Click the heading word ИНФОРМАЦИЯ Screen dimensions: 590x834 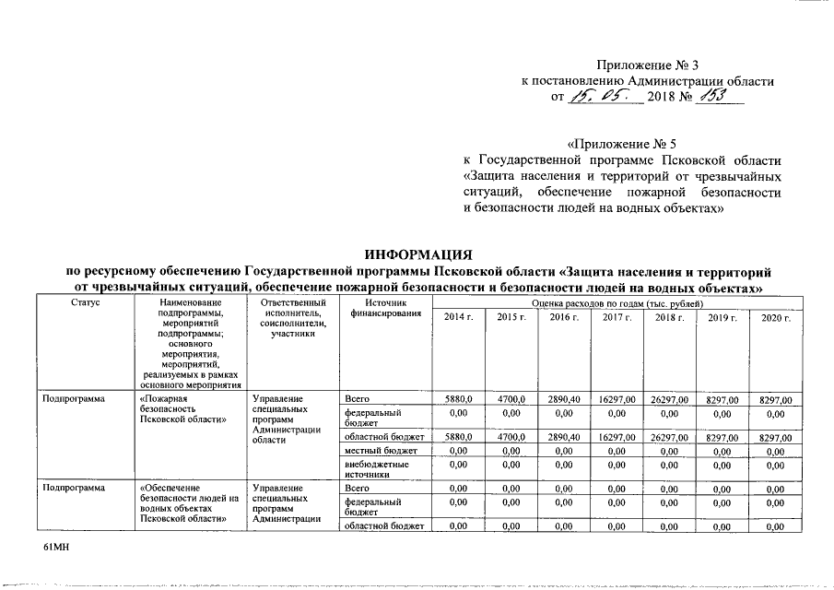418,254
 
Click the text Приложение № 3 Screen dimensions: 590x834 648,64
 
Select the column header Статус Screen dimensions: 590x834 84,303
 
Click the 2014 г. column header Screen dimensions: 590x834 458,318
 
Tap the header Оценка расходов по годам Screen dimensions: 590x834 617,303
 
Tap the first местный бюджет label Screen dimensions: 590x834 381,451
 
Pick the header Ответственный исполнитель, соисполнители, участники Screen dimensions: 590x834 293,318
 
